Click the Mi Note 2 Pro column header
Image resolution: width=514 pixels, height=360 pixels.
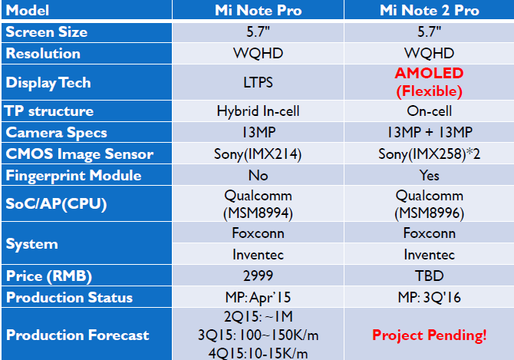(x=429, y=10)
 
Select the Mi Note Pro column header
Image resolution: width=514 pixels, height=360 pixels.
(x=258, y=10)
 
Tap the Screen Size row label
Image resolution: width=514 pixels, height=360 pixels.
(x=47, y=31)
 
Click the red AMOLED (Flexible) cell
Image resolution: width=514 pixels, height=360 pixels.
(x=429, y=82)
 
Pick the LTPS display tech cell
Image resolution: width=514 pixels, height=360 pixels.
(x=258, y=82)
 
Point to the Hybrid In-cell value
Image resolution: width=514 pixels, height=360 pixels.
(x=258, y=111)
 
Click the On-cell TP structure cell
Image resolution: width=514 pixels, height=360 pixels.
(x=429, y=111)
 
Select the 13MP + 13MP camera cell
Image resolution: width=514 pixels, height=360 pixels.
(x=429, y=132)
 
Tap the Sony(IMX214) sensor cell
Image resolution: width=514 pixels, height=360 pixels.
(x=258, y=154)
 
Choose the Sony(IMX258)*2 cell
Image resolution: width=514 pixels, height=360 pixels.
(x=429, y=154)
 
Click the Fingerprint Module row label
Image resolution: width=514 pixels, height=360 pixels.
(x=74, y=176)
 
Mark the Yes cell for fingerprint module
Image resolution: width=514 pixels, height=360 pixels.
(x=429, y=175)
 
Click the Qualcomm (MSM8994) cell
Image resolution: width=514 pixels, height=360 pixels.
(x=258, y=204)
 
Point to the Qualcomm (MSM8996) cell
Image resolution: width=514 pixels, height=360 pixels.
(x=429, y=204)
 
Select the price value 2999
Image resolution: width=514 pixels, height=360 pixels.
(x=258, y=276)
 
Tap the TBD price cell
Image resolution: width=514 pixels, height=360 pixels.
(x=429, y=276)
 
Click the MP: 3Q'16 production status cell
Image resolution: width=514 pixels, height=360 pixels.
(x=429, y=297)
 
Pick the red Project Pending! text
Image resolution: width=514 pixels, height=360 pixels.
(x=429, y=335)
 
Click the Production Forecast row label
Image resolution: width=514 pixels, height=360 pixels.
(x=77, y=335)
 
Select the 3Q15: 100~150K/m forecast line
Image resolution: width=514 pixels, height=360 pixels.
(x=258, y=335)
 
